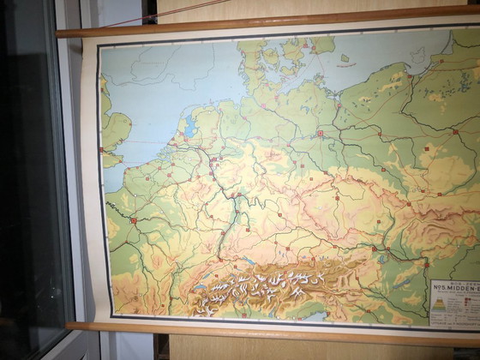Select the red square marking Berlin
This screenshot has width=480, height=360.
(x=321, y=133)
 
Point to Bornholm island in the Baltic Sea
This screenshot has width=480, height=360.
(x=345, y=58)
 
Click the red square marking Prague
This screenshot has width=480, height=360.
(x=336, y=197)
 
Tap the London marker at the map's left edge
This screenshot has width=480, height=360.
(x=101, y=151)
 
